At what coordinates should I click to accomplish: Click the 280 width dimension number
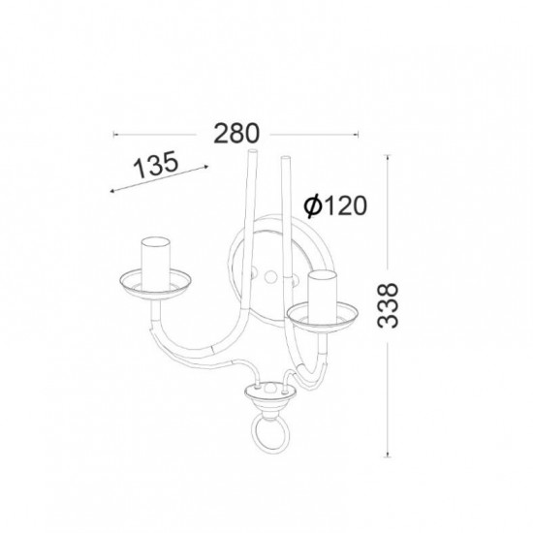click(236, 134)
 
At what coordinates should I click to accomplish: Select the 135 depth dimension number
click(156, 165)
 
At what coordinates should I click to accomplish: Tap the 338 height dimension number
click(388, 305)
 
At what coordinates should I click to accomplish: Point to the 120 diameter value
click(345, 205)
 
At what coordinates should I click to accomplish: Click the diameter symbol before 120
click(312, 206)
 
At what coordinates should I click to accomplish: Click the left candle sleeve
click(156, 264)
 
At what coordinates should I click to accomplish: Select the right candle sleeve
click(323, 298)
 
